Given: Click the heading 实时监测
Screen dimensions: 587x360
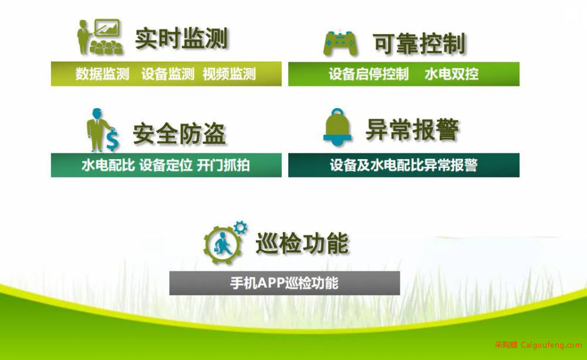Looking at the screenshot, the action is coord(181,38).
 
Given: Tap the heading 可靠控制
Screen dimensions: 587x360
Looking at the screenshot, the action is coord(419,43).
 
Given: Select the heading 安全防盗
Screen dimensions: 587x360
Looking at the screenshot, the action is coord(179,134).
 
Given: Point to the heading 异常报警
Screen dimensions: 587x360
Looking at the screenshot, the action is coord(412,130).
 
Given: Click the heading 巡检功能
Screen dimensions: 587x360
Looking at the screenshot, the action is coord(302,244).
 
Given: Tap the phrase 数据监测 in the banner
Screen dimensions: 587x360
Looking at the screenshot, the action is coord(102,74).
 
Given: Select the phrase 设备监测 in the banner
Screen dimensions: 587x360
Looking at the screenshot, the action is coord(168,74).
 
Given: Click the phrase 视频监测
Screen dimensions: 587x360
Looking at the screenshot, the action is coord(229,74).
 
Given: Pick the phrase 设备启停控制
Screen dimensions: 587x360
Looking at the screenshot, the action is coord(369,74).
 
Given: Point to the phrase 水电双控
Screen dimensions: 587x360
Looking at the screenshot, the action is coord(451,74).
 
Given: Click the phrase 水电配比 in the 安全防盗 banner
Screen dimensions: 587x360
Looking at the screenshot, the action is coord(108,165).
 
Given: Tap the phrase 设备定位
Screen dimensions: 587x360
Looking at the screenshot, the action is coord(166,165).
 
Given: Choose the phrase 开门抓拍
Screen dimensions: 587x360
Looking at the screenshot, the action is coord(223,165).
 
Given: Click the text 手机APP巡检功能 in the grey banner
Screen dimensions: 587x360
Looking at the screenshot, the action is coord(284,283).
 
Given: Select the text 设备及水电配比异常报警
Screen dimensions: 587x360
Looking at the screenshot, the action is coord(404,165).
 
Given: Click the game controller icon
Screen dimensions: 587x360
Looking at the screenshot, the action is coord(340,43).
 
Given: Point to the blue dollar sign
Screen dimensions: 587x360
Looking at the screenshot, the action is coord(112,140).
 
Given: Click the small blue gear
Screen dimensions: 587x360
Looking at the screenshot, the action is coord(240,227).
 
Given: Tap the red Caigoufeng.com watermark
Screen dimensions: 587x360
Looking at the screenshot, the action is coord(538,345).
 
